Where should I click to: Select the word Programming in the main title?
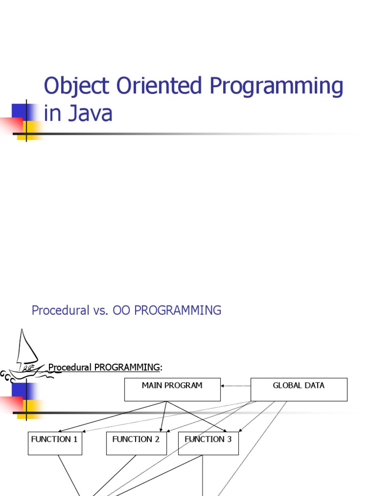click(x=277, y=87)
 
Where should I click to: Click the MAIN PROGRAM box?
click(x=172, y=389)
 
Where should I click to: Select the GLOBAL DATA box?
click(x=299, y=389)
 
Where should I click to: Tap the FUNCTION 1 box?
click(x=55, y=443)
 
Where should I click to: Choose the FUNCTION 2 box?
click(x=136, y=443)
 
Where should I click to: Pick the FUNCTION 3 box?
click(x=208, y=443)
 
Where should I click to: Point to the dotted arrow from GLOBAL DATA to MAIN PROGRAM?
click(x=236, y=386)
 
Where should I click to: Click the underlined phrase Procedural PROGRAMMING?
click(x=104, y=368)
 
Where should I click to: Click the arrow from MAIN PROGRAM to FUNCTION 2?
click(x=164, y=417)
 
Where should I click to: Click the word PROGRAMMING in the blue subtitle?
click(x=178, y=310)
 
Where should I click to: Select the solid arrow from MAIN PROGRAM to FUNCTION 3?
click(x=196, y=417)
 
